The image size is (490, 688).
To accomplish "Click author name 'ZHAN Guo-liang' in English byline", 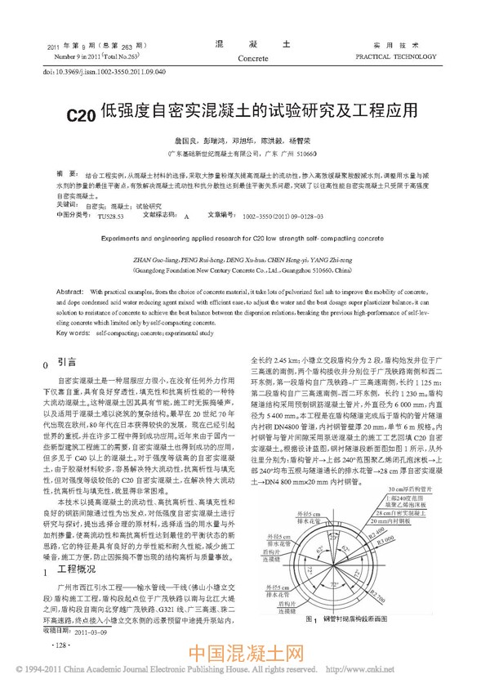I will (150, 257).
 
